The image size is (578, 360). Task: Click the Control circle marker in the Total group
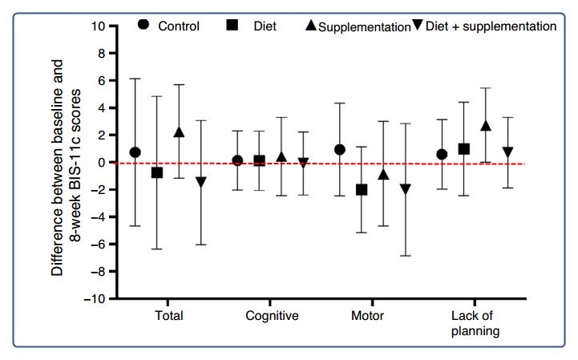tap(135, 152)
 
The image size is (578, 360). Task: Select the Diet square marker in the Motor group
tap(362, 190)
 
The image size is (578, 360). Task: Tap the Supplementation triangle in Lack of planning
tap(485, 126)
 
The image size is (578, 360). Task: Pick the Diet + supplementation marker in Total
tap(200, 182)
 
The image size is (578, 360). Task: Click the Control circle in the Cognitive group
tap(237, 160)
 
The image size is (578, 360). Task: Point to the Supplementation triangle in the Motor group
tap(383, 175)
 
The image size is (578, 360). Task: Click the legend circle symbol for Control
tap(143, 25)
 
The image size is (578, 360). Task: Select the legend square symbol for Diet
tap(230, 26)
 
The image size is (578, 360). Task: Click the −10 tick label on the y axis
tap(95, 299)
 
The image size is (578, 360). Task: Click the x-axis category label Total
tap(168, 316)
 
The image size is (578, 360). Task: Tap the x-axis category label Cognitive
tap(272, 316)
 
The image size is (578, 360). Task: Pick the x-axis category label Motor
tap(367, 316)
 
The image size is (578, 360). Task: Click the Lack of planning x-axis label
tap(475, 323)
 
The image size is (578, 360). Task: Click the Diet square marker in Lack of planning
tap(464, 149)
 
